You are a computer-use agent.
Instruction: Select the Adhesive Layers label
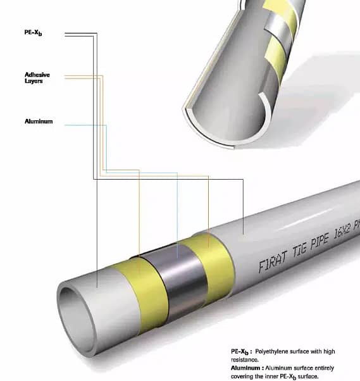coord(37,78)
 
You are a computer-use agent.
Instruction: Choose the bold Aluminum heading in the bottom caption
coord(247,366)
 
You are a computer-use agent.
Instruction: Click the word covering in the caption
coord(244,375)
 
